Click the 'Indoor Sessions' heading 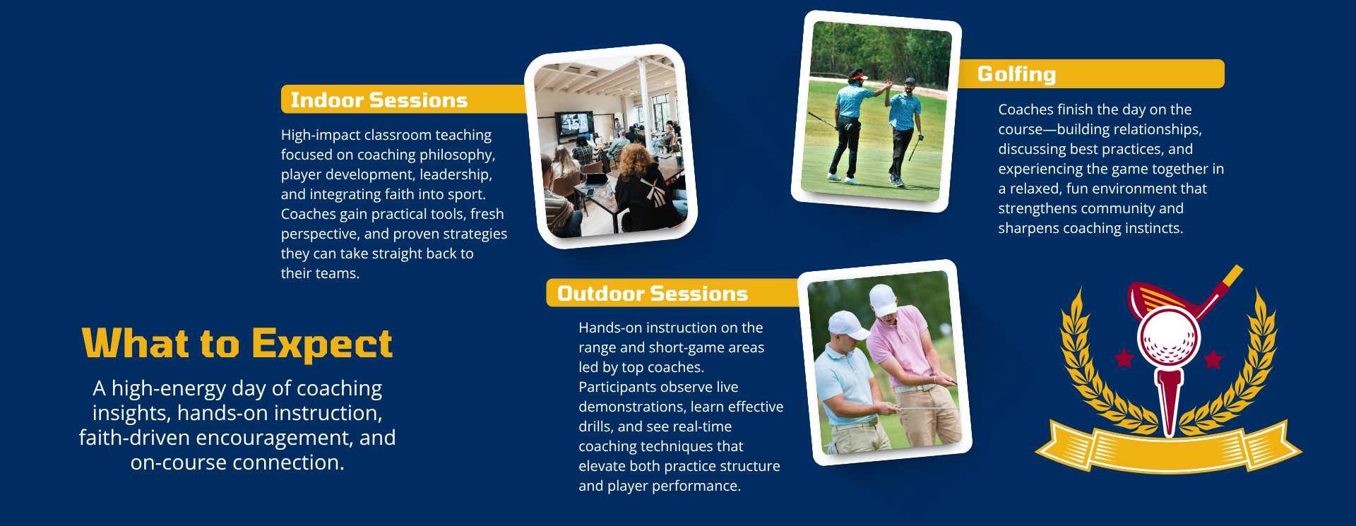(x=379, y=100)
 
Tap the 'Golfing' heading (x=1016, y=74)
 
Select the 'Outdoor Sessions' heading (x=653, y=294)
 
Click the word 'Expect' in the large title (x=321, y=345)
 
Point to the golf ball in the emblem (x=1168, y=338)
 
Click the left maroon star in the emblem (x=1124, y=358)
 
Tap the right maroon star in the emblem (x=1213, y=359)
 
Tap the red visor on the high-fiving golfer (x=858, y=76)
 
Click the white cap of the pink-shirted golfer (x=884, y=299)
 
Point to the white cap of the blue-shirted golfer (x=847, y=325)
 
